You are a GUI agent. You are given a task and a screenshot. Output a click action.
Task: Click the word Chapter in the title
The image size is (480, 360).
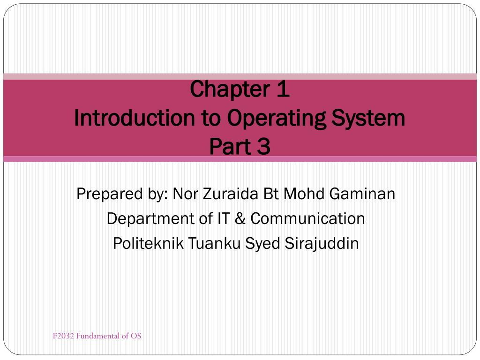click(x=223, y=90)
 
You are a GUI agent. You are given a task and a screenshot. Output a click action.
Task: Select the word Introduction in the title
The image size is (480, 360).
click(x=134, y=118)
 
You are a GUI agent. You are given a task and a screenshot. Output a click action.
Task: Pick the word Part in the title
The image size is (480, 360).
click(x=230, y=147)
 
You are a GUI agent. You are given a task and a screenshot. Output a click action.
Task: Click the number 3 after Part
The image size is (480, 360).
click(x=264, y=147)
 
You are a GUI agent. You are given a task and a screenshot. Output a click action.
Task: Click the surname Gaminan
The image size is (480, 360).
click(x=362, y=193)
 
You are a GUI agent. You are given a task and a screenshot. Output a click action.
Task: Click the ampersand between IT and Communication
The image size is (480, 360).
click(x=240, y=218)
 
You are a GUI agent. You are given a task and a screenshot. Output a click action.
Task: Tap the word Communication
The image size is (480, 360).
click(x=307, y=218)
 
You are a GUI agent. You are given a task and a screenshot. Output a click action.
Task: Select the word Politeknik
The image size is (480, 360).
click(x=149, y=244)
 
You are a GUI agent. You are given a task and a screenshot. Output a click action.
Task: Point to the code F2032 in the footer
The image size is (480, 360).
click(x=63, y=336)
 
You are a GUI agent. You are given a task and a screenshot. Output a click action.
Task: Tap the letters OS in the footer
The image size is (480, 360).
click(x=136, y=336)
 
